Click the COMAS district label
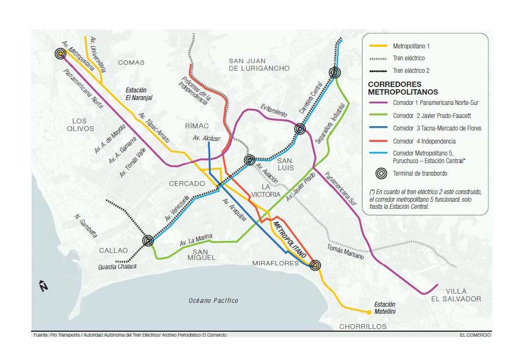click(131, 63)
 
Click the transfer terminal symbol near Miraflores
click(315, 265)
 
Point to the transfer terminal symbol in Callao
click(148, 240)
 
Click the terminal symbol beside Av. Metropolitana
click(60, 53)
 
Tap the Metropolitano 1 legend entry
click(411, 46)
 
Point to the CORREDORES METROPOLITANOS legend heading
click(403, 88)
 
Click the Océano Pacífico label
click(213, 300)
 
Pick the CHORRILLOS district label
click(363, 326)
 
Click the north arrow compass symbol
click(44, 286)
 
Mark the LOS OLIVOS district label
click(80, 125)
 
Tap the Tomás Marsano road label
click(345, 252)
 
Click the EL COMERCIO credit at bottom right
click(475, 335)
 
